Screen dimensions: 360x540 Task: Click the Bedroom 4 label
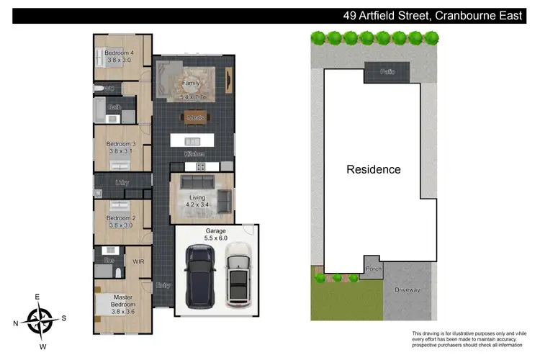(120, 53)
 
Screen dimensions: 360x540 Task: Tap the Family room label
(190, 83)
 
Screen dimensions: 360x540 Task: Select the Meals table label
(196, 117)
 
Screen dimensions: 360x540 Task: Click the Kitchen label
(195, 154)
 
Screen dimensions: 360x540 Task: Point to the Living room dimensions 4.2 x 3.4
(197, 205)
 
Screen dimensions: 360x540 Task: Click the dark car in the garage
(199, 275)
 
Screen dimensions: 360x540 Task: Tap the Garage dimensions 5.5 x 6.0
(217, 238)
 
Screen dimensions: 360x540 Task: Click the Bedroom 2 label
(121, 218)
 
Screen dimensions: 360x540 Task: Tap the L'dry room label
(122, 183)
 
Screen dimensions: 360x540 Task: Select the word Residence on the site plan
(374, 170)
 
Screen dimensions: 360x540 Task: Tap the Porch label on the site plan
(374, 269)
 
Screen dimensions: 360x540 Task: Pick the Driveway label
(407, 289)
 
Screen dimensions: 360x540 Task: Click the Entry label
(163, 286)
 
